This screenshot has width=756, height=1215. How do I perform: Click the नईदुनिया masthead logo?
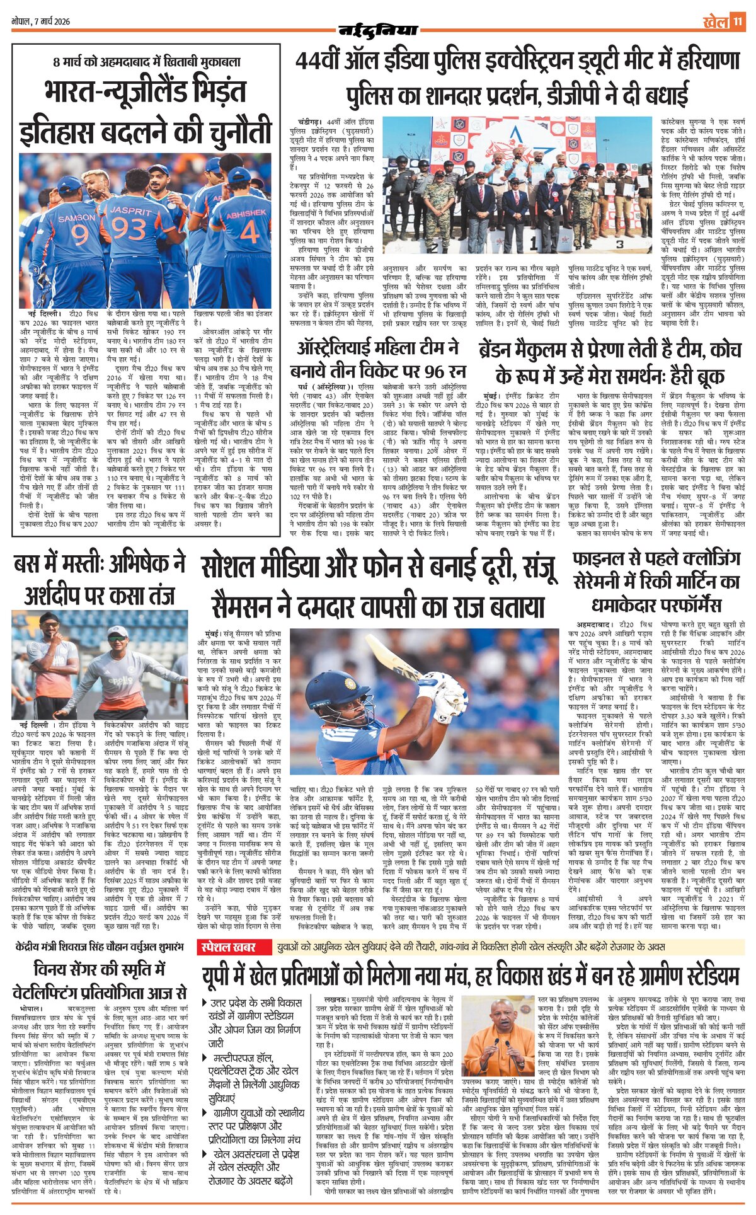tap(378, 30)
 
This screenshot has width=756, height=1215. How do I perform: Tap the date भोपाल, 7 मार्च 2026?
tap(41, 21)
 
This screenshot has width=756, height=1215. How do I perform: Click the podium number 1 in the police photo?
tap(533, 240)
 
